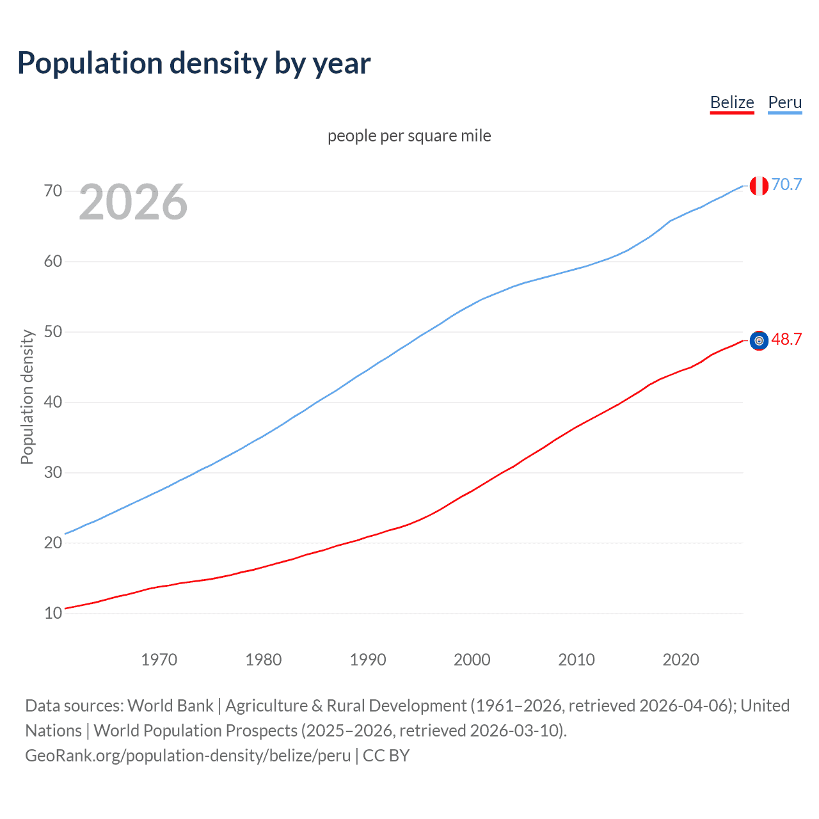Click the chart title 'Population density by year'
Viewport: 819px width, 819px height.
[x=194, y=63]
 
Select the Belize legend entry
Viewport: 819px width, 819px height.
[x=732, y=102]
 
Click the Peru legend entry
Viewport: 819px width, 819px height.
[x=784, y=102]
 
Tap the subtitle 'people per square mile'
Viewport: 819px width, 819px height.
[x=409, y=136]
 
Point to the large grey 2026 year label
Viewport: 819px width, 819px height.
[x=133, y=202]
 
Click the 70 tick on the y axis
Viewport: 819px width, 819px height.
[x=53, y=191]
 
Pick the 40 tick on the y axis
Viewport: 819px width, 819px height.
[x=53, y=402]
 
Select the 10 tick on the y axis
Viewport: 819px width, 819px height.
[x=53, y=613]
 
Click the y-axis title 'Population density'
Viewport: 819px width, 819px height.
[x=27, y=397]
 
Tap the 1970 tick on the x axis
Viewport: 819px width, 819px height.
[x=159, y=660]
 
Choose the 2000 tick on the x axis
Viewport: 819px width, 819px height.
[x=472, y=660]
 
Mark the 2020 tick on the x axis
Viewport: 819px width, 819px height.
[x=681, y=660]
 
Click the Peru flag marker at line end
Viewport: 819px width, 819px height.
[x=759, y=186]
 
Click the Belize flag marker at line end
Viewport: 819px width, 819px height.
[x=759, y=340]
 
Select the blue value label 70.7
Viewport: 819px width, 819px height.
[x=786, y=184]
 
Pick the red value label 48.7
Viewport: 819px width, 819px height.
[x=786, y=339]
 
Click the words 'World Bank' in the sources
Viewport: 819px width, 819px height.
[x=170, y=705]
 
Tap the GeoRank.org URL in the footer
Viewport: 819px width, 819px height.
[x=187, y=755]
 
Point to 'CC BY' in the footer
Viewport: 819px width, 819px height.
[x=386, y=755]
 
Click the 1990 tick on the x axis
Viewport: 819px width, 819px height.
[x=368, y=660]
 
